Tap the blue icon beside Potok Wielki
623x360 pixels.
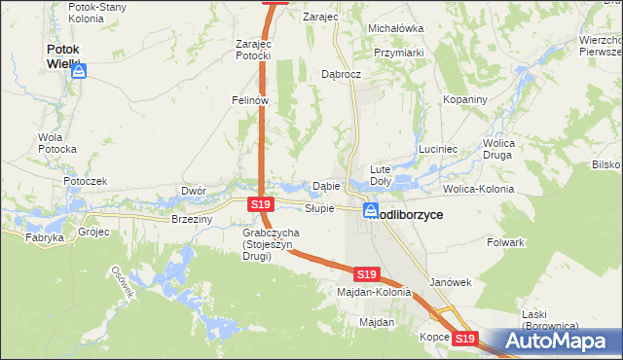coord(79,72)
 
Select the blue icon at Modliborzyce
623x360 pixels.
coord(372,209)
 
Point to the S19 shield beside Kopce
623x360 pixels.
coord(465,339)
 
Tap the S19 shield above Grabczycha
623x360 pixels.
coord(259,205)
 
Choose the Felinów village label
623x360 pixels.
coord(249,99)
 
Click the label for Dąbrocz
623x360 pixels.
coord(342,73)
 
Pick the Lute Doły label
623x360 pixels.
coord(381,175)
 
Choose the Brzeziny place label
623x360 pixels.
coord(191,220)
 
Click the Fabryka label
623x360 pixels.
coord(44,236)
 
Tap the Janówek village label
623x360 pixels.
coord(450,282)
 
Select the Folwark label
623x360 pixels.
coord(505,241)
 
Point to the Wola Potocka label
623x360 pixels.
coord(56,143)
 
